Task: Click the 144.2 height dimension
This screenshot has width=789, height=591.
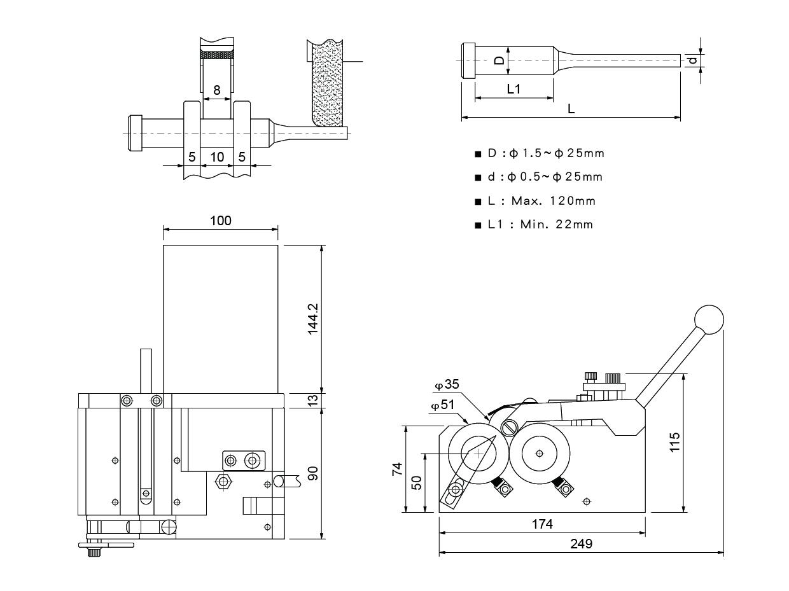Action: pos(313,317)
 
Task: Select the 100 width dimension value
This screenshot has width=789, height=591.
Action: pos(221,221)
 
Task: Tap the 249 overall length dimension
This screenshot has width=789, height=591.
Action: pos(581,544)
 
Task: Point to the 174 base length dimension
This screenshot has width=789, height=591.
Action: pos(542,524)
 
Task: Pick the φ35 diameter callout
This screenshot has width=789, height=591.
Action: pos(447,385)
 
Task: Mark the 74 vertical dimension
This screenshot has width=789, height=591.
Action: pos(397,469)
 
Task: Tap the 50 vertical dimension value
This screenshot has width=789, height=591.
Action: pos(417,482)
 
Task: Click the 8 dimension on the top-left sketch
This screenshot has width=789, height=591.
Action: pos(217,90)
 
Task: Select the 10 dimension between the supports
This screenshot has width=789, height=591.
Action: pos(217,156)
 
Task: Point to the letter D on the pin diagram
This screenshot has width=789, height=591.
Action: pos(500,60)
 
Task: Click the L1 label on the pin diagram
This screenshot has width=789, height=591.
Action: pos(513,89)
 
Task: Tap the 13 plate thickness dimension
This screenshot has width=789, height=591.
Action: pos(312,400)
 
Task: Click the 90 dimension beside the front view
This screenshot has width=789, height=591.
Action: pos(312,474)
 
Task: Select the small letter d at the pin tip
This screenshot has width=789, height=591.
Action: pos(694,60)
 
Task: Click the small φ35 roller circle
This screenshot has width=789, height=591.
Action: pos(510,426)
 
